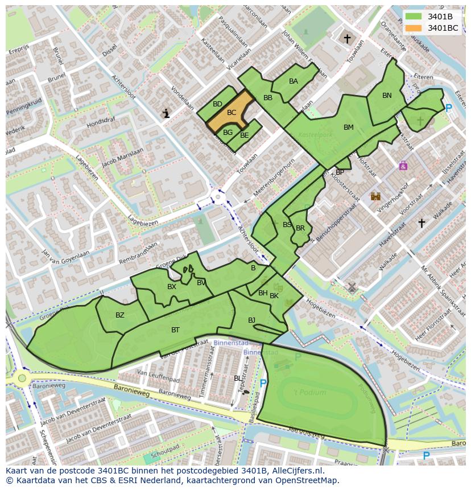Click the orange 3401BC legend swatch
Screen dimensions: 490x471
[x=414, y=28]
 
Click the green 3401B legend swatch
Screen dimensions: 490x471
[x=414, y=17]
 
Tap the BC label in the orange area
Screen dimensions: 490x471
[x=231, y=113]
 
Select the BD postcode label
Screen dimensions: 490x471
[x=217, y=104]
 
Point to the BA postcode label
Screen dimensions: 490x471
[x=294, y=81]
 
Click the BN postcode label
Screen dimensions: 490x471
[x=387, y=96]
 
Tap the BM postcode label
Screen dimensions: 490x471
[x=349, y=127]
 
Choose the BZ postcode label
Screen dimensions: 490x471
[x=119, y=315]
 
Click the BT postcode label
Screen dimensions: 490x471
[x=175, y=330]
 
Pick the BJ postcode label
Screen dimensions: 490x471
[x=251, y=320]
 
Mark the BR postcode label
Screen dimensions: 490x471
[x=300, y=228]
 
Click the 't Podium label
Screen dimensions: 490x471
[x=309, y=392]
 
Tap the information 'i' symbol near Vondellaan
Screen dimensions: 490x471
[x=166, y=114]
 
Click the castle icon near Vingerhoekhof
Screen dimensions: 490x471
[x=375, y=196]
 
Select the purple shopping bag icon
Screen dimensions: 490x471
[x=403, y=166]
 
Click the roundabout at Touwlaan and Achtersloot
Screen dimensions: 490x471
[x=217, y=198]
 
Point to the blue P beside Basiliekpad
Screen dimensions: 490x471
[x=263, y=384]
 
